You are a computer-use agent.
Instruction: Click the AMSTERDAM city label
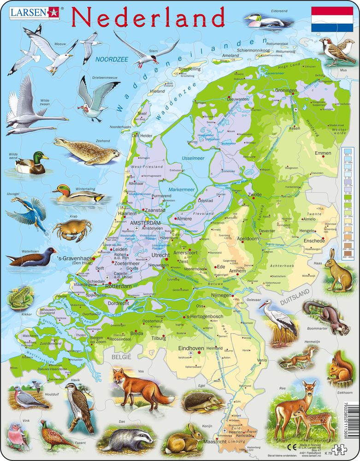[145, 223]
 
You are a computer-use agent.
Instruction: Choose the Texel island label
[142, 113]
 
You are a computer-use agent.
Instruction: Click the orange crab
[71, 229]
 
